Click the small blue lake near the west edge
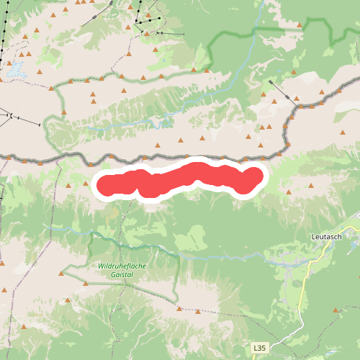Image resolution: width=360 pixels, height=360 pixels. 15,70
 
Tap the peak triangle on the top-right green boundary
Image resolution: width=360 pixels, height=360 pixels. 300,25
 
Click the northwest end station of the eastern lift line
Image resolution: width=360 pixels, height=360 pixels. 270,81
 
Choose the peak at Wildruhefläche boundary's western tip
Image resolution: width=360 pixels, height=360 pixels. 62,271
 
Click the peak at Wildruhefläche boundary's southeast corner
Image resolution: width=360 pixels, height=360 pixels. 178,307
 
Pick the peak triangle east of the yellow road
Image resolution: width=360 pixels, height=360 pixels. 336,310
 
